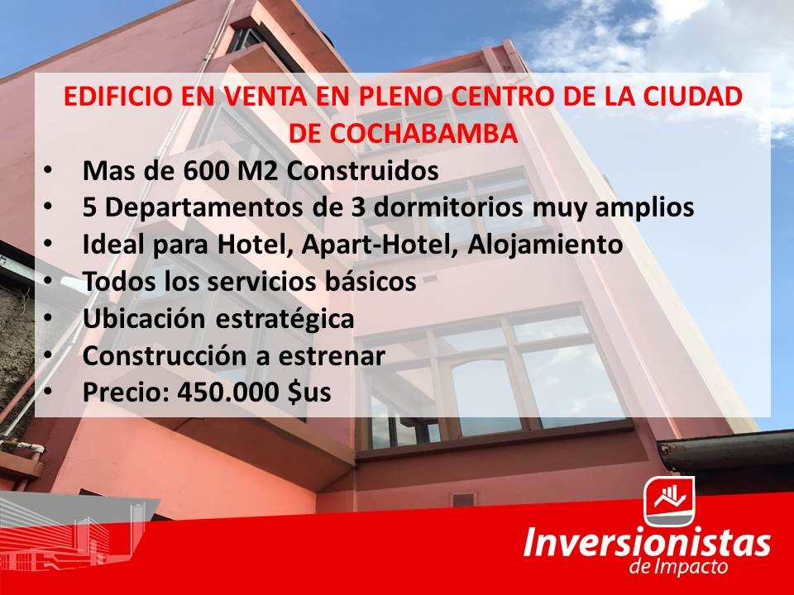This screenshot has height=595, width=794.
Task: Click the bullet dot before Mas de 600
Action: [47, 172]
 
